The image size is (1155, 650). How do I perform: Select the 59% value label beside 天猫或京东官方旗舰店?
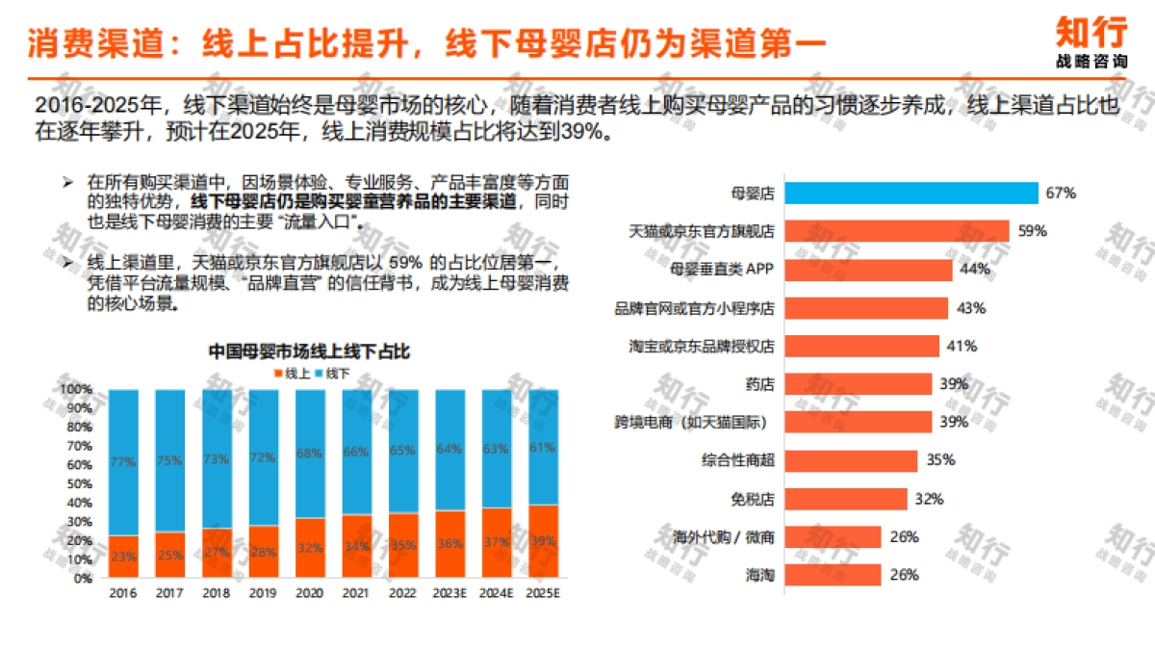pyautogui.click(x=1032, y=231)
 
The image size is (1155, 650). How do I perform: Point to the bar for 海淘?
pyautogui.click(x=833, y=575)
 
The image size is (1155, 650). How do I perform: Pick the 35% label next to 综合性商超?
pyautogui.click(x=940, y=460)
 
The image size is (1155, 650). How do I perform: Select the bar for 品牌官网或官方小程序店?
pyautogui.click(x=866, y=308)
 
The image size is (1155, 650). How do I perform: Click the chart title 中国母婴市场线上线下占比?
pyautogui.click(x=309, y=351)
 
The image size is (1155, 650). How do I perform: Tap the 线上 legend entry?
pyautogui.click(x=292, y=373)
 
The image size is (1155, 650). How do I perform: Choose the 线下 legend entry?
pyautogui.click(x=332, y=373)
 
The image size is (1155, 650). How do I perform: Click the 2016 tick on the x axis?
pyautogui.click(x=123, y=593)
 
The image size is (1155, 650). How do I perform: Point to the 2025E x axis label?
pyautogui.click(x=543, y=593)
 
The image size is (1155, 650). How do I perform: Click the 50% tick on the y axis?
pyautogui.click(x=76, y=484)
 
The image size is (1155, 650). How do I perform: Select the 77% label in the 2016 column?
pyautogui.click(x=123, y=461)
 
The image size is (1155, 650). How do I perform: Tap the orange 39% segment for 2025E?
pyautogui.click(x=543, y=542)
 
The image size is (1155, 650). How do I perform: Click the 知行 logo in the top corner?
pyautogui.click(x=1091, y=39)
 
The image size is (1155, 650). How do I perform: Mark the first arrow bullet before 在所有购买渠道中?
pyautogui.click(x=67, y=182)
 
